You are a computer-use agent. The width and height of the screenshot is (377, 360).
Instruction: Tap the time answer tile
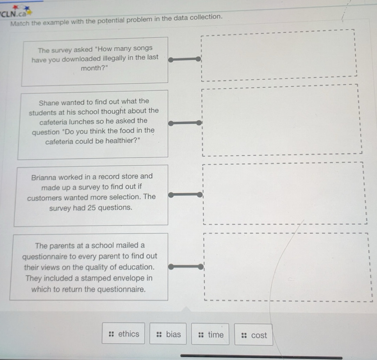[x=210, y=335]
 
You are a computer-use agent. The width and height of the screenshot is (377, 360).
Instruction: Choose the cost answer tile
[x=254, y=335]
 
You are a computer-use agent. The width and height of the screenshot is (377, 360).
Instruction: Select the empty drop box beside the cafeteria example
[x=281, y=120]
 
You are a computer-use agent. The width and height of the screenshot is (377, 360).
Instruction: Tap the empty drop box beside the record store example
[x=284, y=193]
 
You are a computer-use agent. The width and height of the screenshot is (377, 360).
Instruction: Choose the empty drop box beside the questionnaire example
[x=286, y=267]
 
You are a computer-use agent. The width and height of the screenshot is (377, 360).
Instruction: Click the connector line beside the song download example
[x=185, y=59]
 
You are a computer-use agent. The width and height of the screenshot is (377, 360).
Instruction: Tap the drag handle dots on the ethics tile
[x=112, y=334]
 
